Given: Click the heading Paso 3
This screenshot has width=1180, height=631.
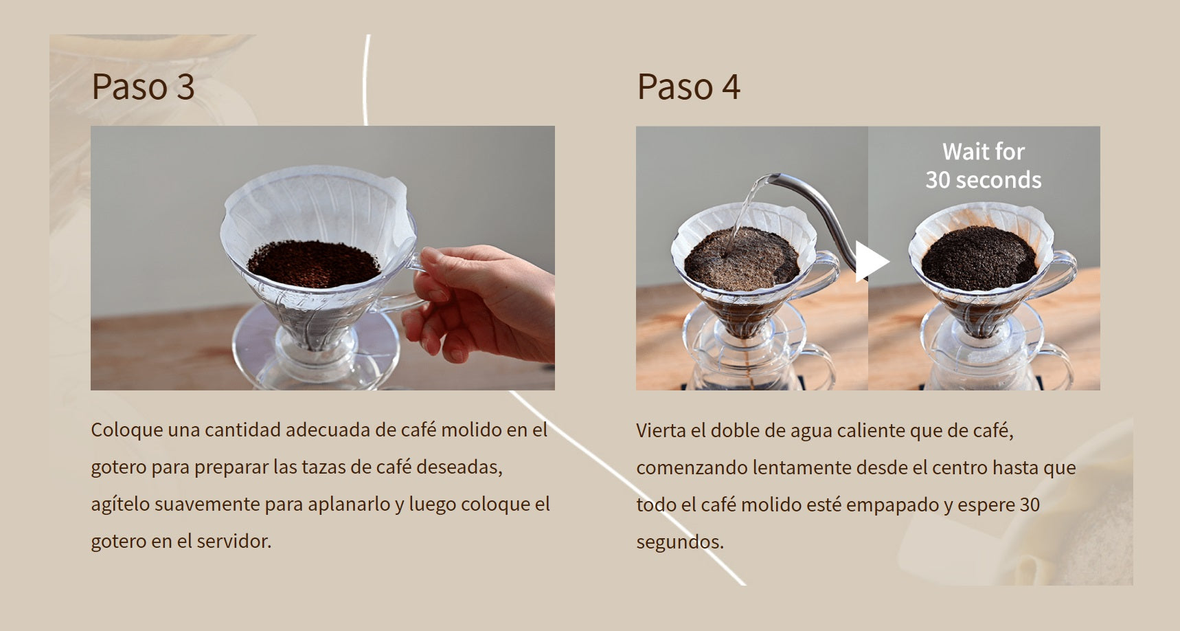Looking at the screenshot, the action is (x=143, y=87).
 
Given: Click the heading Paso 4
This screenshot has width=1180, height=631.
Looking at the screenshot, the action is (x=688, y=87).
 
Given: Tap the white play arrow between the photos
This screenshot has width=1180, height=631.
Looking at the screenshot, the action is (x=872, y=261).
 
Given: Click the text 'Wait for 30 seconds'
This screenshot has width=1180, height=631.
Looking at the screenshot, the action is (x=984, y=166).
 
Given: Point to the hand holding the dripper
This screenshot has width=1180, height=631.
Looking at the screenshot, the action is (x=481, y=302).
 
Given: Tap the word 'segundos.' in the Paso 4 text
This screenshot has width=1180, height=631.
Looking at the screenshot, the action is (x=680, y=542).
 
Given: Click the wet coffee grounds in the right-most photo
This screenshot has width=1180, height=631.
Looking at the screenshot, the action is (x=979, y=257).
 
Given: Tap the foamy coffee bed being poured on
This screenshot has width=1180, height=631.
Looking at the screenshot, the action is (x=742, y=258).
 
